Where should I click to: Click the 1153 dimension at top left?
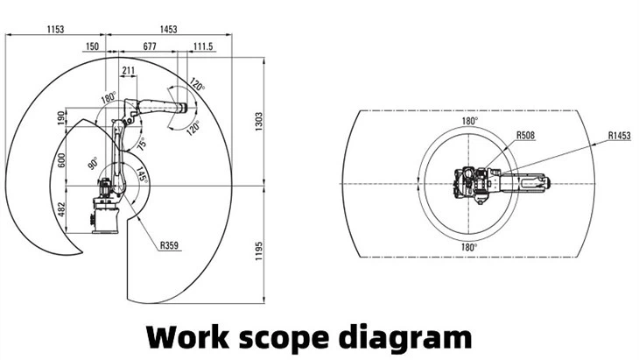coord(54,30)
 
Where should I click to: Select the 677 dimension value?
coord(149,46)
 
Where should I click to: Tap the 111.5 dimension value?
coord(202,46)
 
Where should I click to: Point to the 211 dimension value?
coord(130,71)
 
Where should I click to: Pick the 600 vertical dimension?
coord(61,160)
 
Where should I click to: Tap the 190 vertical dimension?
coord(61,116)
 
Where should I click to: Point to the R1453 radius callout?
coord(620,136)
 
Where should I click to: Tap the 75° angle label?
coord(140,143)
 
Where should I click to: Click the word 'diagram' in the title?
coord(415,335)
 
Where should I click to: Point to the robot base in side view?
coord(105,215)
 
